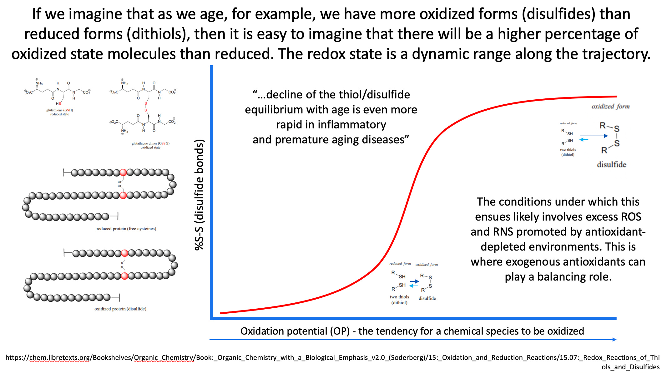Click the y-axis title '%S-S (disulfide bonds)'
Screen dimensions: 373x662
coord(200,195)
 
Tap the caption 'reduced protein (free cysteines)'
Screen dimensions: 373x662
coord(126,229)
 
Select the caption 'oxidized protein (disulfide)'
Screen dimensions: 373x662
coord(120,309)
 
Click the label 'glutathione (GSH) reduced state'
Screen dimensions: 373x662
coord(59,112)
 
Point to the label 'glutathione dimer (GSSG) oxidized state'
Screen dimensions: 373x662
coord(150,145)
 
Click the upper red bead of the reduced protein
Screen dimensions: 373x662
coord(123,172)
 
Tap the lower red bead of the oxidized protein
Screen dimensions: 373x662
coord(124,276)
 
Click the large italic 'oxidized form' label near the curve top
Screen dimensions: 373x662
coord(610,107)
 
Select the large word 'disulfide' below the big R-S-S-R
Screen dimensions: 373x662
coord(611,165)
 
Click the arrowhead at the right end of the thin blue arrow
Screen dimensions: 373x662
coord(614,340)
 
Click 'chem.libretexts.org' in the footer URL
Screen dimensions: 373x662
coord(59,358)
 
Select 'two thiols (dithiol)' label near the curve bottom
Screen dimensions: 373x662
coord(399,300)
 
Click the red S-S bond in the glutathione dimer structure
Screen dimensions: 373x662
coord(146,107)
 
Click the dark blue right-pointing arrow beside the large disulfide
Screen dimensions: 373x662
coord(594,136)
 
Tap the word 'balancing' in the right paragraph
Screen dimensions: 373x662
coord(558,277)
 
